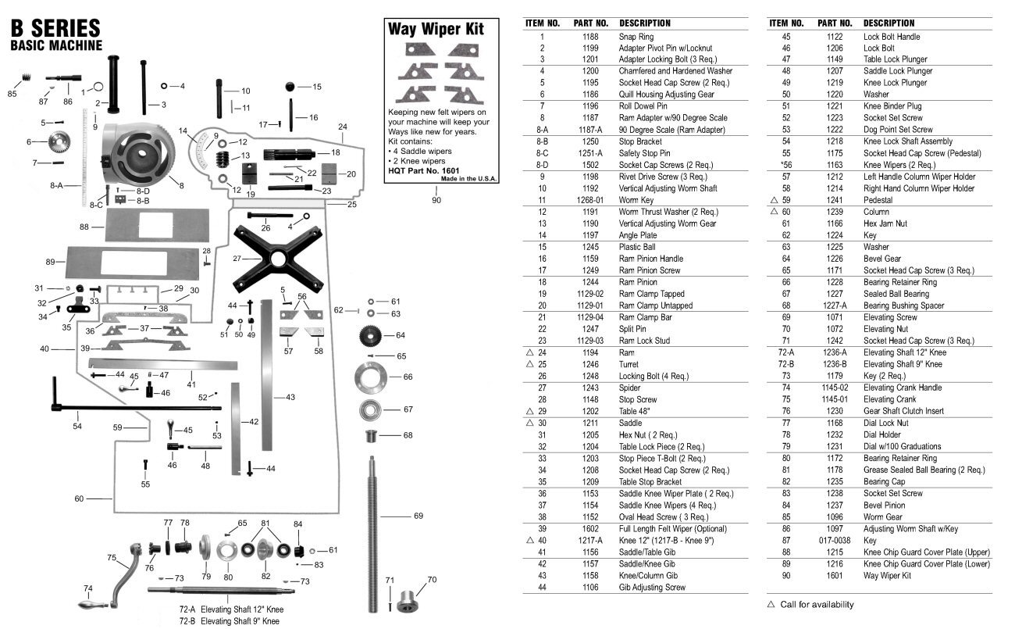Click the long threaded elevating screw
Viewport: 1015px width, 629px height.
click(373, 531)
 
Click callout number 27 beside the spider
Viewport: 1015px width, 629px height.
click(237, 258)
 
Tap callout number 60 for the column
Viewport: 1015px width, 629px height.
click(79, 499)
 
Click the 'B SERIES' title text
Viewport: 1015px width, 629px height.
click(55, 29)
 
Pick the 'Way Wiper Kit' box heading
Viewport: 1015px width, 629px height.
click(436, 30)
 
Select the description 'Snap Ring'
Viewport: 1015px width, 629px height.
click(636, 37)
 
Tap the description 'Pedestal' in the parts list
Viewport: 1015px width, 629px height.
click(880, 200)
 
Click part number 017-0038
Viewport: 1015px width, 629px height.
click(835, 540)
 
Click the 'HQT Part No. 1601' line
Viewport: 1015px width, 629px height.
click(424, 170)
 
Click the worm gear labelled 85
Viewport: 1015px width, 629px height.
click(25, 79)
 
